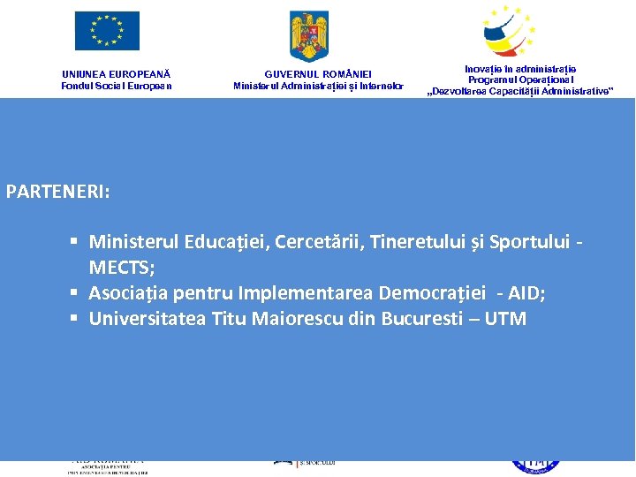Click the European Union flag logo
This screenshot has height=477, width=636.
pos(107,31)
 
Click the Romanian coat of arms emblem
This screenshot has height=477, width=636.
pos(309,35)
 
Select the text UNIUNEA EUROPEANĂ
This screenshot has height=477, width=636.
pos(117,74)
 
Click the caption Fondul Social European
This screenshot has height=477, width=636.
pos(117,86)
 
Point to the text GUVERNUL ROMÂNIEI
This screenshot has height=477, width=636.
pos(318,74)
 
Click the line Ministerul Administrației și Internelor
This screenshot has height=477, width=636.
pos(318,86)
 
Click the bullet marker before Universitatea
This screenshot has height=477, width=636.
pos(78,318)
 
